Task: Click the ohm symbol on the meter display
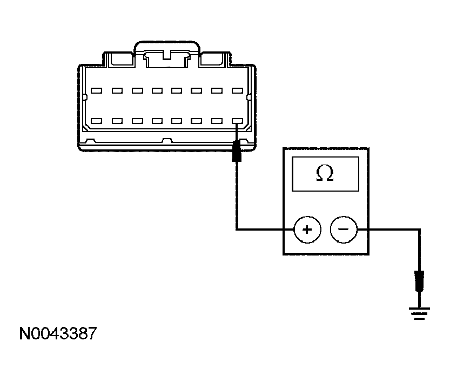[x=325, y=173]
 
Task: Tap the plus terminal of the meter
[x=307, y=230]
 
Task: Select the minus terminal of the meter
[x=344, y=230]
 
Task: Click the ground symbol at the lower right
[x=419, y=313]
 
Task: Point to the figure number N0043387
[x=58, y=333]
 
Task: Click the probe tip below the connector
[x=237, y=150]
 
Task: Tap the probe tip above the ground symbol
[x=420, y=281]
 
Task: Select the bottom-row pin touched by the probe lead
[x=237, y=121]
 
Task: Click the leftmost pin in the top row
[x=96, y=90]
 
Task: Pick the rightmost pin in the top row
[x=237, y=90]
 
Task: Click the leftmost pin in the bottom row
[x=96, y=121]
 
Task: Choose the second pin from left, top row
[x=117, y=90]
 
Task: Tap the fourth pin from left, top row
[x=157, y=90]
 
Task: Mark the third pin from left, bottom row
[x=137, y=121]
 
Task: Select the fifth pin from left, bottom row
[x=177, y=121]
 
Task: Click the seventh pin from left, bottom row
[x=217, y=121]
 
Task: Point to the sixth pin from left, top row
[x=196, y=90]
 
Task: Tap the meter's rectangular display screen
[x=325, y=174]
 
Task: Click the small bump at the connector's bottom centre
[x=167, y=141]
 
